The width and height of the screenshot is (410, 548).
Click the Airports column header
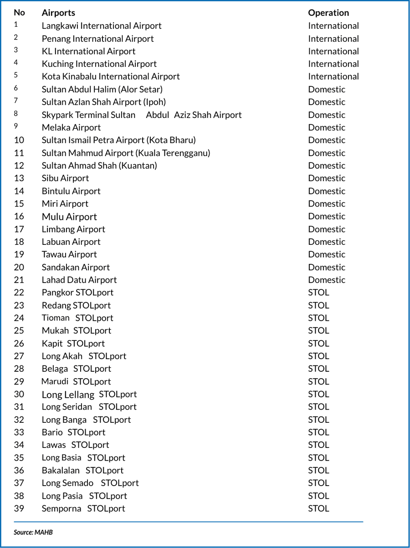point(58,13)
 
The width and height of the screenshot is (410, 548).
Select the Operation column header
point(328,13)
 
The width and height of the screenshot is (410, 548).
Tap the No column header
point(19,12)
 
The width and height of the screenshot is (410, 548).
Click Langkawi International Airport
point(101,26)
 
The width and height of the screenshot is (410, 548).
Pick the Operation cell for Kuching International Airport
point(333,64)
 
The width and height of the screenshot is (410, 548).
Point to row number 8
point(16,114)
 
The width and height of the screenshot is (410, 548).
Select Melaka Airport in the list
point(71,127)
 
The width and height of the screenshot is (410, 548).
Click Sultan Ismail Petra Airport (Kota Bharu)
point(118,140)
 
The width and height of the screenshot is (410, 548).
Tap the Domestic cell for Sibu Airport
point(327,178)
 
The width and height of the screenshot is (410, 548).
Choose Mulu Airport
point(69,217)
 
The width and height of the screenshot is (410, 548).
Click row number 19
point(19,254)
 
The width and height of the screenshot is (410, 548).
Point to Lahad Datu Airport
point(79,280)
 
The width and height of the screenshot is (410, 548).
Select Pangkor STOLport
point(77,293)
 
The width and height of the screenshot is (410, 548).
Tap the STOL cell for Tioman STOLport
point(318,318)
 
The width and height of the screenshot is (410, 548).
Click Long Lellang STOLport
point(89,395)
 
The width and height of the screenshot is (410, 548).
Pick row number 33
point(19,432)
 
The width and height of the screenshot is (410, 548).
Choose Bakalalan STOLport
point(82,471)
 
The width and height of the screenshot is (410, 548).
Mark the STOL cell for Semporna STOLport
point(318,508)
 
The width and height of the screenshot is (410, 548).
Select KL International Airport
point(88,51)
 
